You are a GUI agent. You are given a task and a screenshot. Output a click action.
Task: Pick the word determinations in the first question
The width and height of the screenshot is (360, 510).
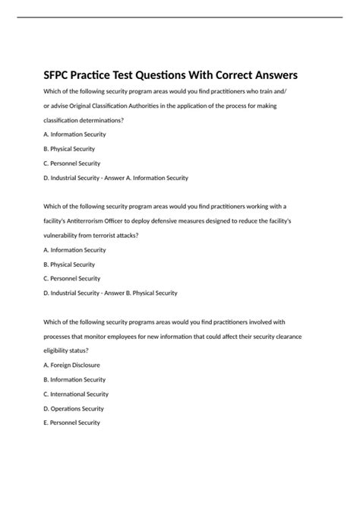[95, 119]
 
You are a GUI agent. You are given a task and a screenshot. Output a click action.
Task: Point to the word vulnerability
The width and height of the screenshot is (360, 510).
[64, 235]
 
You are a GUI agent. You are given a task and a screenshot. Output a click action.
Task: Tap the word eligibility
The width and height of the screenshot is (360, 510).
[58, 350]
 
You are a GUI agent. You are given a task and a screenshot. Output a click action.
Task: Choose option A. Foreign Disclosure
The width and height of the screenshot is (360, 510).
[72, 365]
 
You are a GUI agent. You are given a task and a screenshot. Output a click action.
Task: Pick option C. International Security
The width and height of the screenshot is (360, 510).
[76, 394]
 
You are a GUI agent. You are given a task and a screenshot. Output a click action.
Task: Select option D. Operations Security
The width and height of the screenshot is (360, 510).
[74, 408]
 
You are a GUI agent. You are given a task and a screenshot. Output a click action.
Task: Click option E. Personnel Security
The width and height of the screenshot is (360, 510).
[72, 423]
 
